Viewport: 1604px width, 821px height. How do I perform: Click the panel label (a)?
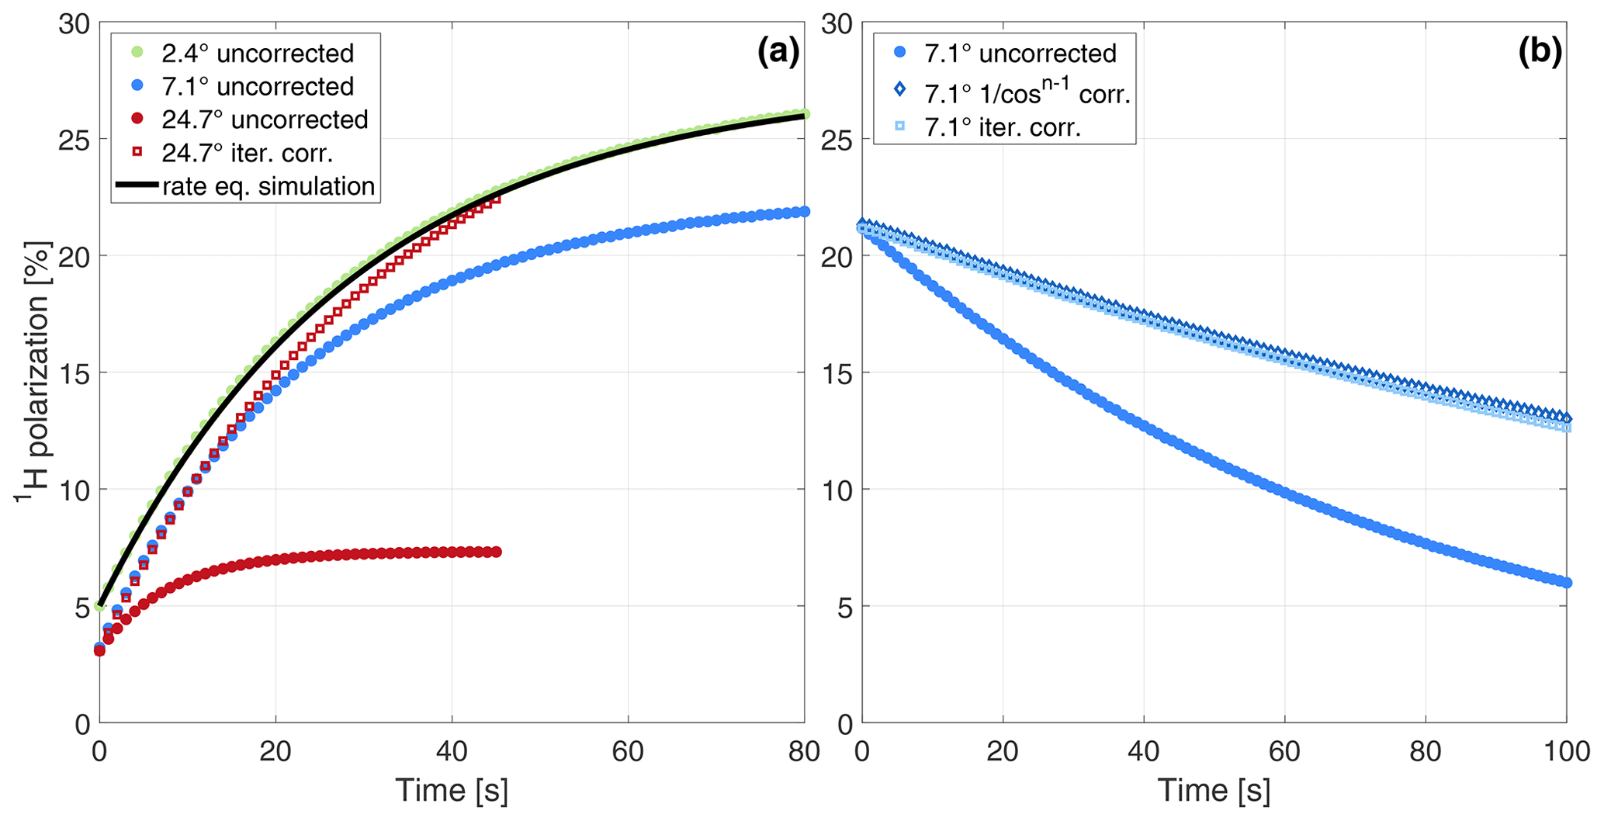click(x=778, y=52)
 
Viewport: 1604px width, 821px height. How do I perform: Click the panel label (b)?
click(x=1540, y=52)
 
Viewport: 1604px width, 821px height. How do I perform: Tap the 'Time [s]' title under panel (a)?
click(x=452, y=791)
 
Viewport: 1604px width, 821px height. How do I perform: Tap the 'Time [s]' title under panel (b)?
click(x=1214, y=791)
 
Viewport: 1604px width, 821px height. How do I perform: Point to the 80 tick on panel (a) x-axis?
click(x=804, y=751)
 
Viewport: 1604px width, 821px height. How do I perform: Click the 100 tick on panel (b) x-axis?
click(x=1566, y=751)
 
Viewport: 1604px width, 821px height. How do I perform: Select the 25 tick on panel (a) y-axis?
click(x=74, y=140)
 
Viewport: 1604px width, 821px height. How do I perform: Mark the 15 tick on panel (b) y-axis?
click(x=837, y=373)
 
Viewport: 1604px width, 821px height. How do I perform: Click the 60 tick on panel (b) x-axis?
click(x=1284, y=751)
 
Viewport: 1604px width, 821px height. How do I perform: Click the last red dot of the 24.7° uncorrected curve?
click(x=497, y=552)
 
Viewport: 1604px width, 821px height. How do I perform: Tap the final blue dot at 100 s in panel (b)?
click(x=1566, y=583)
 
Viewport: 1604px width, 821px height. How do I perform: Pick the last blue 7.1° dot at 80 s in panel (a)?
click(x=804, y=211)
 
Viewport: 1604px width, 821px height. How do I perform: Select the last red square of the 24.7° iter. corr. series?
click(x=496, y=199)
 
